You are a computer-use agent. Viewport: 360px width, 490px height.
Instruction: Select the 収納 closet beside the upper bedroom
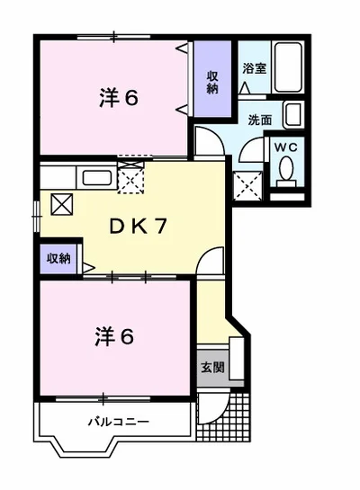click(x=212, y=84)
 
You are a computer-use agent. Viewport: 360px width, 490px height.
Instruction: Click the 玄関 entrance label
click(x=212, y=368)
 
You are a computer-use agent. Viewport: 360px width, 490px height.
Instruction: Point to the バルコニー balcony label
click(x=118, y=421)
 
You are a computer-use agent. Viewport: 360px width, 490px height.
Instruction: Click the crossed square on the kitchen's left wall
click(x=63, y=203)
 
